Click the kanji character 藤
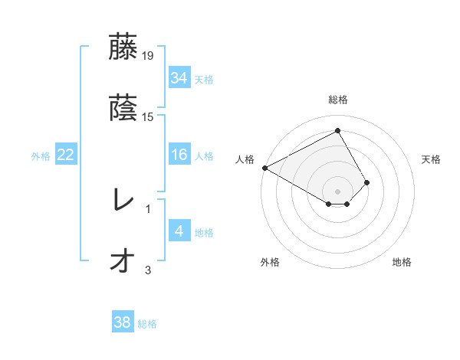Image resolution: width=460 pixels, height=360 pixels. pyautogui.click(x=123, y=47)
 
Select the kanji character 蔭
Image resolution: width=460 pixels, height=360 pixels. pyautogui.click(x=123, y=109)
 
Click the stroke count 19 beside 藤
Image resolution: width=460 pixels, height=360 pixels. pyautogui.click(x=149, y=56)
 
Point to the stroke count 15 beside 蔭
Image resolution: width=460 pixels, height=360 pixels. pyautogui.click(x=149, y=117)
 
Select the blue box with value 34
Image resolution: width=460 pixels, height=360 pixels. pyautogui.click(x=179, y=78)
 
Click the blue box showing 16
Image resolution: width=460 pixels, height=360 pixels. pyautogui.click(x=179, y=155)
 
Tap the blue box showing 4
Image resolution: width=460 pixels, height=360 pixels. pyautogui.click(x=179, y=231)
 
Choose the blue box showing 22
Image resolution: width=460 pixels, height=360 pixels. pyautogui.click(x=66, y=155)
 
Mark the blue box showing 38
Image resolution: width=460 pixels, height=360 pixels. pyautogui.click(x=123, y=323)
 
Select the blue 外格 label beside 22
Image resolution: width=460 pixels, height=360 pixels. pyautogui.click(x=41, y=156)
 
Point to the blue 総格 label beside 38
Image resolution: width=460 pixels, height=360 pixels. pyautogui.click(x=147, y=325)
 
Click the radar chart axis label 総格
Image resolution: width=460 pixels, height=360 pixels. pyautogui.click(x=338, y=100)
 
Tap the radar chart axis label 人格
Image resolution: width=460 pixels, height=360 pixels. pyautogui.click(x=245, y=159)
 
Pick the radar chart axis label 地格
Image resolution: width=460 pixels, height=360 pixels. pyautogui.click(x=402, y=263)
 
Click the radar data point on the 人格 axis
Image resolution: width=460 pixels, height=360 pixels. pyautogui.click(x=264, y=168)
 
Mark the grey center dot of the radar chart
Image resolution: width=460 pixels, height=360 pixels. pyautogui.click(x=338, y=191)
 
